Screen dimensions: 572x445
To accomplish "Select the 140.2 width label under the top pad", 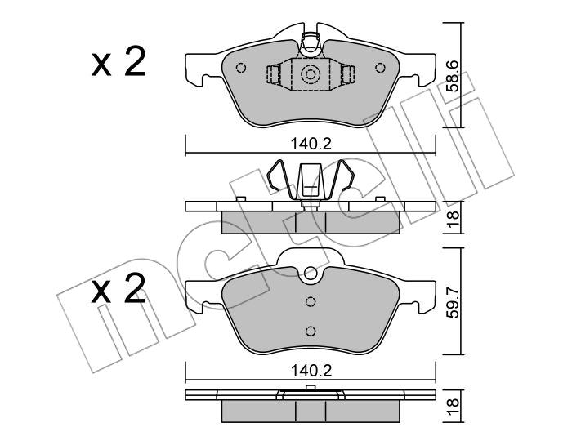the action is [311, 145].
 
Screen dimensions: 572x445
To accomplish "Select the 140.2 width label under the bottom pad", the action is [311, 371].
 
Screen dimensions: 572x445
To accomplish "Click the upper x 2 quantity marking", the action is [118, 61].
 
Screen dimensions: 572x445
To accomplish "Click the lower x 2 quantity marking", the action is [118, 288].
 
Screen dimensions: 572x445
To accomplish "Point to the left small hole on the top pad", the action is [241, 68].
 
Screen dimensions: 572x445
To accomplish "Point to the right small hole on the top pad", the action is [380, 68].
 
